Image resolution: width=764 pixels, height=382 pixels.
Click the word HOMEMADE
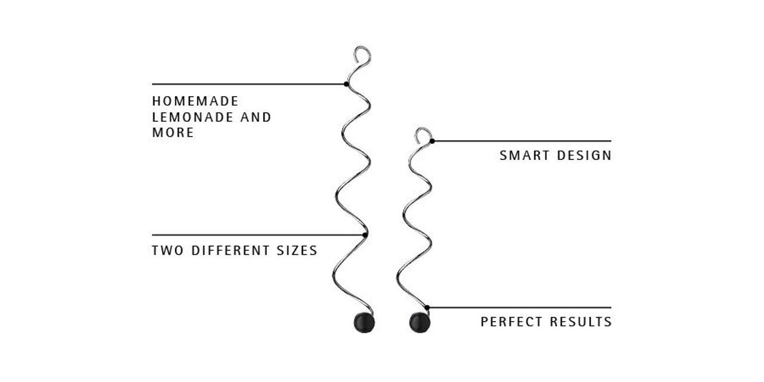tap(195, 101)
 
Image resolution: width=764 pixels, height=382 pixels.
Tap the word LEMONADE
tap(193, 118)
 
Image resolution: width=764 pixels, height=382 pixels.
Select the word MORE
tap(173, 133)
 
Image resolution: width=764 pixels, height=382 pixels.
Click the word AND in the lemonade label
tap(256, 118)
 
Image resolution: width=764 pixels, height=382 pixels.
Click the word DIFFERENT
tap(230, 251)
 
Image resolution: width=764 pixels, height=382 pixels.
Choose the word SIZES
tap(297, 251)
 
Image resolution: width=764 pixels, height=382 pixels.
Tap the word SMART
tap(524, 156)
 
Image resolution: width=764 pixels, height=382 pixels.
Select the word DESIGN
tap(584, 156)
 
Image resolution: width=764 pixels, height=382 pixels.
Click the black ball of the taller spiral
tap(364, 322)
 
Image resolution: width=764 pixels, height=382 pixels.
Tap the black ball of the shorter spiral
tap(420, 322)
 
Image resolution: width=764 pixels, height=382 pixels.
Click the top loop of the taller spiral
tap(362, 47)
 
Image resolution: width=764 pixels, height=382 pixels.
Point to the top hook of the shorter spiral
tap(423, 129)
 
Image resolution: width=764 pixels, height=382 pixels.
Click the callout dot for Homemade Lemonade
tap(346, 84)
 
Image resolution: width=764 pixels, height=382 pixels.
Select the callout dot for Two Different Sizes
tap(365, 235)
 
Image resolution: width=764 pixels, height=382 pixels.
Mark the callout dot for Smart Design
tap(432, 141)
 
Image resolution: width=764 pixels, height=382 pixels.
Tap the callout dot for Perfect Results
tap(427, 307)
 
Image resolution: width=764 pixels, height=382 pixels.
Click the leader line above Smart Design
tap(522, 141)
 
